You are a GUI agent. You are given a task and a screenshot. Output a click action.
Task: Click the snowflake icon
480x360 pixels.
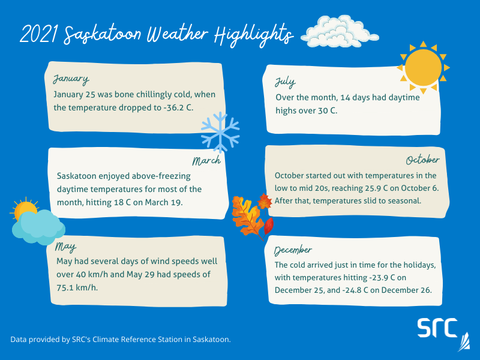point(220,131)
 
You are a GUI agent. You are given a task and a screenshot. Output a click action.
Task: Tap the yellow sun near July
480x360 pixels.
point(422,67)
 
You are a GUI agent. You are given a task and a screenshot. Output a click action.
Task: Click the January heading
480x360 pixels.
point(71,79)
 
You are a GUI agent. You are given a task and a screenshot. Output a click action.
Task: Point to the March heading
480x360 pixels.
point(206,161)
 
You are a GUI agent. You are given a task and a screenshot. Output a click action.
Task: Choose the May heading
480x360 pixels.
point(65,247)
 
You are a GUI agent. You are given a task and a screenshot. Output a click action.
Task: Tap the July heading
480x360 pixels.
point(286,82)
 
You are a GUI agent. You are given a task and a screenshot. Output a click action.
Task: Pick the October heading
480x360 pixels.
point(422,160)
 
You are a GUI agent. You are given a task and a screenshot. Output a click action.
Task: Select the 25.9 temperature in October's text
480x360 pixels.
point(375,188)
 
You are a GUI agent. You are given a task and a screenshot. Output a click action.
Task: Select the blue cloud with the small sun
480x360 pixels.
point(37,222)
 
